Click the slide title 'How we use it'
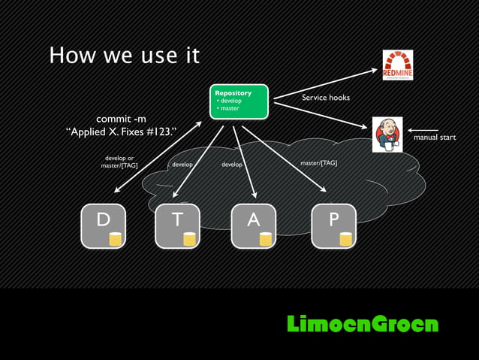[124, 56]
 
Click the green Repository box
[239, 101]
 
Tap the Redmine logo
[397, 65]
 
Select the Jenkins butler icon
[387, 135]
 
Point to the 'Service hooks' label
[325, 98]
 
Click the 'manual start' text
[434, 138]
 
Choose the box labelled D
[104, 225]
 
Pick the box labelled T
[177, 225]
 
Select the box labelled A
[253, 225]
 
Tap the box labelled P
[333, 225]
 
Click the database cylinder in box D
[116, 239]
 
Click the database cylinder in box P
[345, 239]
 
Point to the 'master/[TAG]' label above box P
[318, 162]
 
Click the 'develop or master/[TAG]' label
[119, 162]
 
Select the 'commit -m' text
[121, 119]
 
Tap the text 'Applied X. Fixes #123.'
[121, 133]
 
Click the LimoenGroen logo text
[362, 324]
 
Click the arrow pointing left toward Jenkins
[423, 130]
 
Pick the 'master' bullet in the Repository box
[229, 108]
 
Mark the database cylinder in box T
[189, 239]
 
